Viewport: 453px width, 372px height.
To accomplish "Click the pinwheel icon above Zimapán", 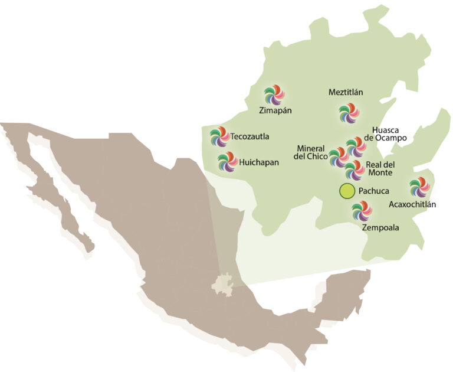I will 274,94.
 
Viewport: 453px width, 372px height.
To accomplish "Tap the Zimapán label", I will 275,110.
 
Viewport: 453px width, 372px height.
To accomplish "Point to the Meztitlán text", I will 346,93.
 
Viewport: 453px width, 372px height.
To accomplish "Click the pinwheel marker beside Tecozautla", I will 219,137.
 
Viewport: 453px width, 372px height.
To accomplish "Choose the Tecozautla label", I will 250,137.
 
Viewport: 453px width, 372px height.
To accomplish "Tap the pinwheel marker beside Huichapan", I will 226,161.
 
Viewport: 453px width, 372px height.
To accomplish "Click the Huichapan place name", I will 259,161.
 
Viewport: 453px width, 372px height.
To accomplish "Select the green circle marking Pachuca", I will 346,191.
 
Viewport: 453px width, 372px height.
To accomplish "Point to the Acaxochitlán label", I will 412,205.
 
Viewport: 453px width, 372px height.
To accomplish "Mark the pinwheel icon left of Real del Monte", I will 354,169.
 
